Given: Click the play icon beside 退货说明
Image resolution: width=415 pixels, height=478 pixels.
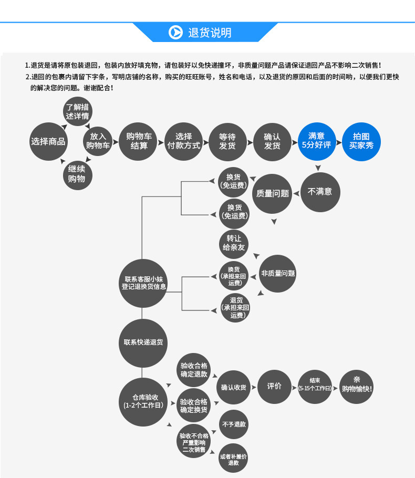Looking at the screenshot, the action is tap(175, 33).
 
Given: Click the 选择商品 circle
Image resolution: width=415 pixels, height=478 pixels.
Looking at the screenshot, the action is tap(48, 141).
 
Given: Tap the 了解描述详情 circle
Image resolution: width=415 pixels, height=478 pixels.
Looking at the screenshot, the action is tap(78, 111).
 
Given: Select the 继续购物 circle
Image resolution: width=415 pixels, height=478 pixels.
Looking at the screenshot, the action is tap(77, 175).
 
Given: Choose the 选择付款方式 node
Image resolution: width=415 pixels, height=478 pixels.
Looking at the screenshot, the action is tap(183, 142).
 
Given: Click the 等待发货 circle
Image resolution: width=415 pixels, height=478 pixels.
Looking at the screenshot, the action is tap(227, 142).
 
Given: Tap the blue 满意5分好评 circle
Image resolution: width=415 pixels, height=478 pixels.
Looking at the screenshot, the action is tap(317, 141).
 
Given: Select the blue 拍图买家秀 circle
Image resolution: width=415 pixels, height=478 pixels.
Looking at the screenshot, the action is tap(361, 142).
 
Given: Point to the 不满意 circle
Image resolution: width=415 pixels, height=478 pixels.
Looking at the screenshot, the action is tap(320, 192).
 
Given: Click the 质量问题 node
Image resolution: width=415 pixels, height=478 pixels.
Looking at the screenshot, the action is tap(272, 194).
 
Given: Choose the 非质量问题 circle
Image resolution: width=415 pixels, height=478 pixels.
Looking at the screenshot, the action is tap(277, 274).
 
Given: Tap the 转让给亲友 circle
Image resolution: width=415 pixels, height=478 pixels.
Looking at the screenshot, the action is tap(234, 244).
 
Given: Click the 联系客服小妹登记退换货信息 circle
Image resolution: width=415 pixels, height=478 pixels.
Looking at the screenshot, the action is tap(143, 283).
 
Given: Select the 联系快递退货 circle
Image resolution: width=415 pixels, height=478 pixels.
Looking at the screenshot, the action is tap(143, 343).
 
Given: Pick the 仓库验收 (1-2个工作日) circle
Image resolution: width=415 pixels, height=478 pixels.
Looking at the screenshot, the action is tap(143, 402).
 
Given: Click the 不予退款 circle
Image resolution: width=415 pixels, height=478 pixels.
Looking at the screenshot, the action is tap(234, 424).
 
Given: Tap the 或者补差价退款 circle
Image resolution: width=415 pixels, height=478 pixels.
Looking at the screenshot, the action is tap(233, 458).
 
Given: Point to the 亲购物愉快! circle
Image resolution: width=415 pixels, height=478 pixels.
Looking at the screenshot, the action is tap(356, 387).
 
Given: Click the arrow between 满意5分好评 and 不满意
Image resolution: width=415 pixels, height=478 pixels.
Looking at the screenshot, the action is tap(318, 168).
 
